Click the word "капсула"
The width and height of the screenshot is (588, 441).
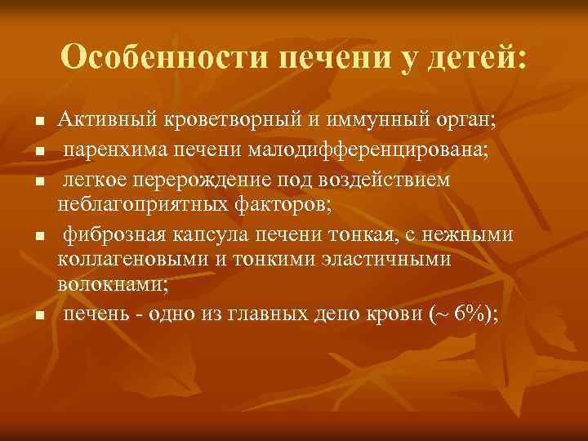pyautogui.click(x=203, y=236)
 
